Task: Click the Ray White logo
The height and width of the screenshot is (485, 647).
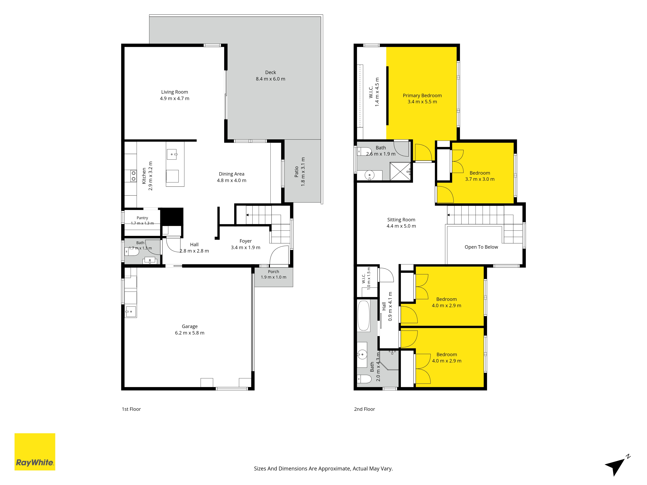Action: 35,452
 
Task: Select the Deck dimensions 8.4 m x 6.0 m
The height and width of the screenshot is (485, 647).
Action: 271,79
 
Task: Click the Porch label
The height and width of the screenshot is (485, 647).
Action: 274,272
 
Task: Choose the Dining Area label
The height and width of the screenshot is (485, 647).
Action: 232,174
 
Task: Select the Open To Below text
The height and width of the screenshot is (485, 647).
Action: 481,247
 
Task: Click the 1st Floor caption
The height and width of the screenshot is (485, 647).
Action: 131,409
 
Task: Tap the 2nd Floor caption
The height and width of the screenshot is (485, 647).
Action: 364,409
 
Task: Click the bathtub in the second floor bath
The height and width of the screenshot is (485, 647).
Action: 364,316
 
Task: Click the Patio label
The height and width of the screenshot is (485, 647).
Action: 296,172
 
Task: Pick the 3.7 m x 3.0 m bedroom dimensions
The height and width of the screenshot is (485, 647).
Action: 480,179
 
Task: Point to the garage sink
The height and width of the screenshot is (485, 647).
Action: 131,311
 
